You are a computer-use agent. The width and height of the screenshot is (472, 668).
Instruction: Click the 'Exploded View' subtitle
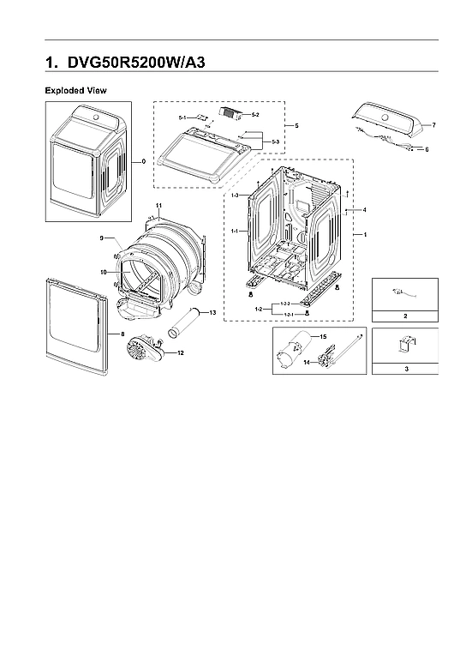tap(75, 90)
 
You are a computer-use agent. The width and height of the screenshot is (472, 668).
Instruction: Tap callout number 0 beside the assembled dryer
tap(143, 160)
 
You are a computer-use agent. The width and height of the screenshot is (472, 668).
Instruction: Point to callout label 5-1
tap(182, 117)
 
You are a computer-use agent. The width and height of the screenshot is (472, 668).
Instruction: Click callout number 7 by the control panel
tap(433, 125)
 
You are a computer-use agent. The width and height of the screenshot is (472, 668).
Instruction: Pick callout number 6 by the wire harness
tap(426, 149)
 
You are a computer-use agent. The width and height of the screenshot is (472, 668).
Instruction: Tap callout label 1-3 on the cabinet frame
tap(235, 196)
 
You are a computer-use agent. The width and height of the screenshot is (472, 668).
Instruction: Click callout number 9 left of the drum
tap(101, 238)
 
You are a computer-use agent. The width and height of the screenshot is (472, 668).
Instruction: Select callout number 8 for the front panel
tap(122, 333)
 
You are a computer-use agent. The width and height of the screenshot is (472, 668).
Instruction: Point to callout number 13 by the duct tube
tap(212, 312)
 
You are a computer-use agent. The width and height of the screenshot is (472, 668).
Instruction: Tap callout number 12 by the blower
tap(179, 352)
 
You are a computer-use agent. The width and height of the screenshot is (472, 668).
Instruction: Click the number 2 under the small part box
tap(405, 316)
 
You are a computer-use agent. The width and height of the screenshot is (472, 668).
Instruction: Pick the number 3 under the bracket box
tap(405, 368)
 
